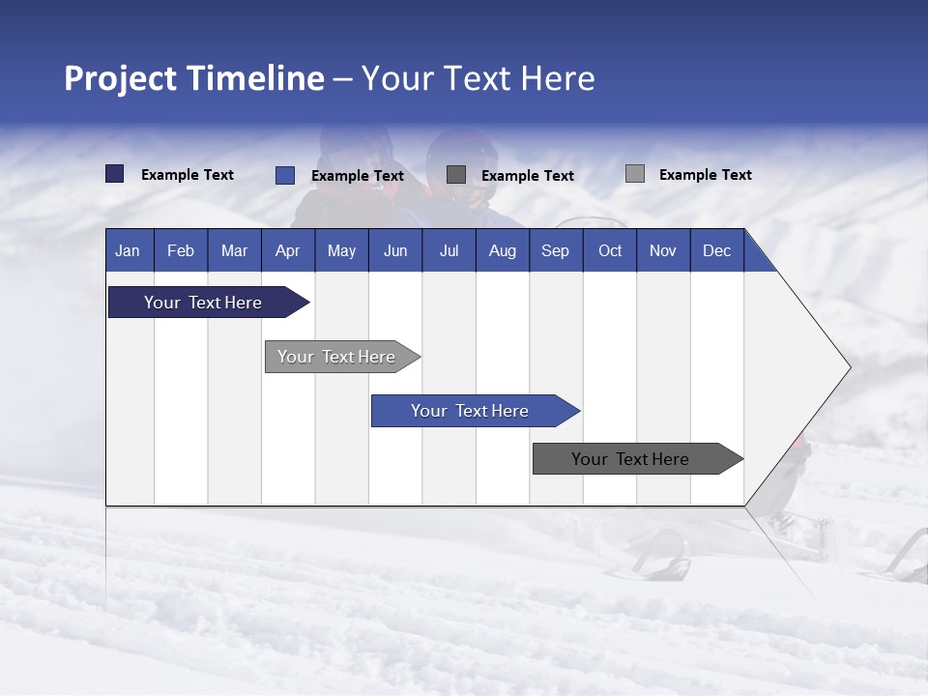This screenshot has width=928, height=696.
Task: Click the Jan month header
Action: tap(128, 250)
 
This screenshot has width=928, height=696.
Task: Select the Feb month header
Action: tap(181, 250)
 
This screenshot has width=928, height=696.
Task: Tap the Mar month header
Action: tap(234, 250)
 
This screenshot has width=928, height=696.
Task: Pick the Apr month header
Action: tap(288, 250)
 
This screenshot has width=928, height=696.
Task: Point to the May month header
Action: tap(341, 250)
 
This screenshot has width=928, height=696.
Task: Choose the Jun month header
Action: tap(395, 250)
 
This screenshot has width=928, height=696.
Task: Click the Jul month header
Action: tap(449, 250)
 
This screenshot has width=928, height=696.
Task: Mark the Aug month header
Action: tap(503, 250)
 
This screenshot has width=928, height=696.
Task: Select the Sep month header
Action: tap(556, 250)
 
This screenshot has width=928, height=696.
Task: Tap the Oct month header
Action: tap(610, 250)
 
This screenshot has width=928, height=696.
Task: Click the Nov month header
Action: tap(663, 250)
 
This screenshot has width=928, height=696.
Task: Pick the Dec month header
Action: tap(717, 250)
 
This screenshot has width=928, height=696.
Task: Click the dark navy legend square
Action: tap(114, 174)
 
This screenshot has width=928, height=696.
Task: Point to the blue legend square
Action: tap(284, 175)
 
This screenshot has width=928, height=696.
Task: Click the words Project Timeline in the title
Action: tap(194, 78)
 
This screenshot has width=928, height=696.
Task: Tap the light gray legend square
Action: tap(634, 174)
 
